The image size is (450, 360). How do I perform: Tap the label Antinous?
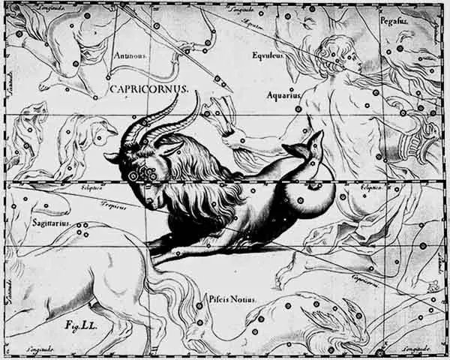(130, 55)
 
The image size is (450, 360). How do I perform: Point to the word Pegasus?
(415, 22)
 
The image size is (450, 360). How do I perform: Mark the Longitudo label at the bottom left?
(40, 350)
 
